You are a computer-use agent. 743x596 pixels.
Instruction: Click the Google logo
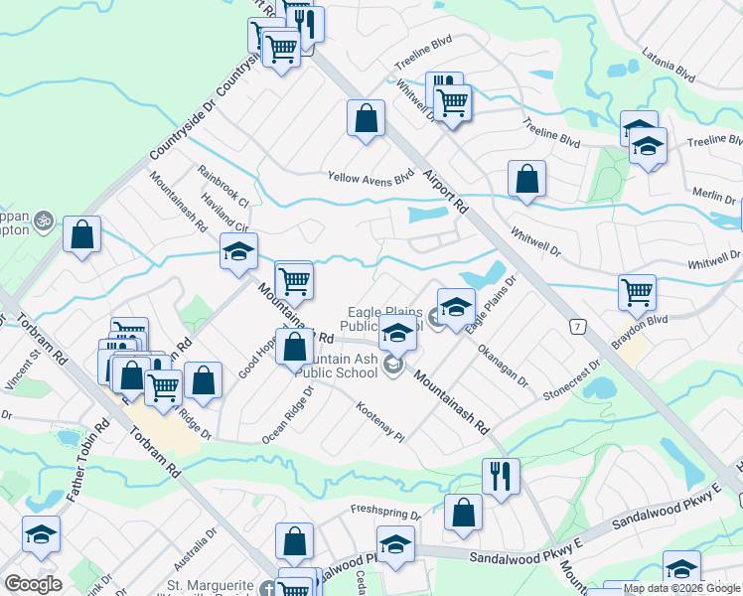pyautogui.click(x=33, y=584)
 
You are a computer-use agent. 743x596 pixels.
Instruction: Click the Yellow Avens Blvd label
pyautogui.click(x=371, y=179)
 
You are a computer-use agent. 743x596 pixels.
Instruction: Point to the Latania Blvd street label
pyautogui.click(x=669, y=64)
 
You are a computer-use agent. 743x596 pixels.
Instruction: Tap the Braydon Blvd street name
pyautogui.click(x=640, y=324)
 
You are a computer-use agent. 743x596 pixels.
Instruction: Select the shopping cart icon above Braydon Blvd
pyautogui.click(x=637, y=292)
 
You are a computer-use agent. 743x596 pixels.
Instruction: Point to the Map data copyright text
pyautogui.click(x=681, y=588)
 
